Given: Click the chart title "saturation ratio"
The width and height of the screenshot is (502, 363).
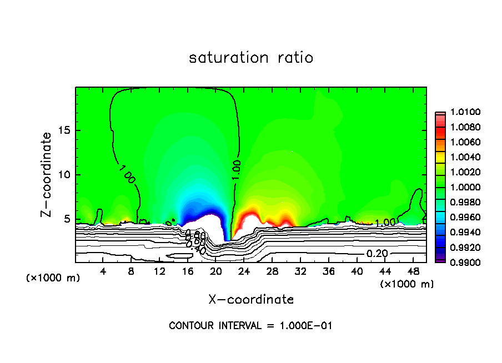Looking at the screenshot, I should coord(251,58).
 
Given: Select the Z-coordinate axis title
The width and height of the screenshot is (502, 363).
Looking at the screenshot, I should coord(48,174).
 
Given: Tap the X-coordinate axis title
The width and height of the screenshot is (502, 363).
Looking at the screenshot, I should coord(251,299).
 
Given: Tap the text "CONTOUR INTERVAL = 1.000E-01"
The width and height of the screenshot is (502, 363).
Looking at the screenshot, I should coord(250,326).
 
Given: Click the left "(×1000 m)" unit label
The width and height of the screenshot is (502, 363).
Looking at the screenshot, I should coord(53,278).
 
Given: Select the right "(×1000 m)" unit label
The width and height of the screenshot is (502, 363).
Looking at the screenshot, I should coord(407,284).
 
